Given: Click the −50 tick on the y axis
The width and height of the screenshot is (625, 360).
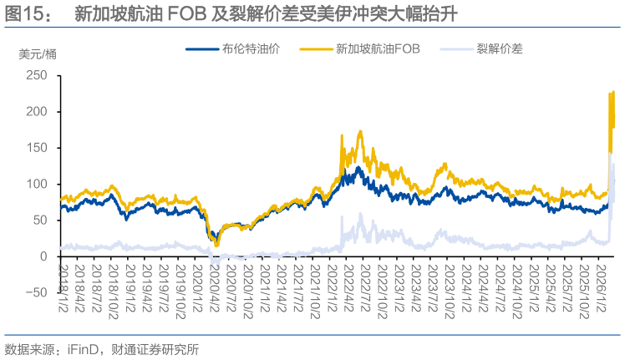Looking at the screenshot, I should point(33,292).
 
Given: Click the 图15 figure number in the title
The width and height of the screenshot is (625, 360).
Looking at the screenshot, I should point(25,14).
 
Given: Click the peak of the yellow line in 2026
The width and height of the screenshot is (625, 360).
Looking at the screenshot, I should point(613,91).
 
